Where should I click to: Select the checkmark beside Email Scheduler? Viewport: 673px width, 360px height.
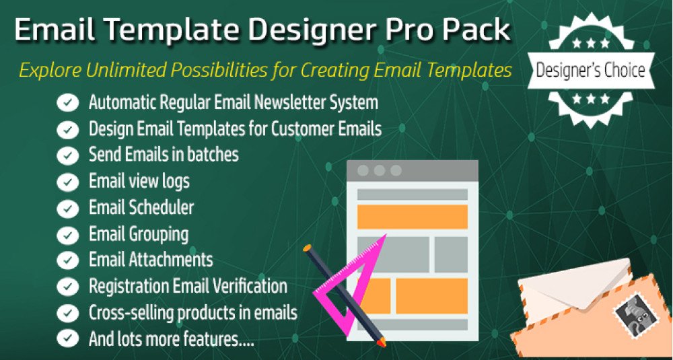[67, 209]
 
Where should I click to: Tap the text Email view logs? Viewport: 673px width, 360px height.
[139, 182]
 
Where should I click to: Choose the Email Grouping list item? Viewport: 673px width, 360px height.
[139, 235]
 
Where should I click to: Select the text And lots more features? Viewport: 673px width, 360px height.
[171, 339]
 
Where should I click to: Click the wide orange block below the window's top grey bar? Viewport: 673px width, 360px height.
[413, 217]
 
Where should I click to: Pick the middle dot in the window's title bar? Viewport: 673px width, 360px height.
[380, 170]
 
